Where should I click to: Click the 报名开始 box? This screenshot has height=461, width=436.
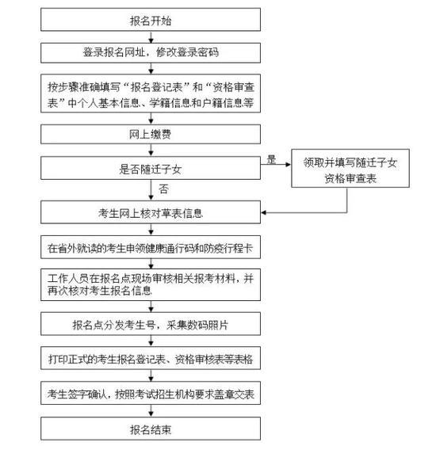[151, 20]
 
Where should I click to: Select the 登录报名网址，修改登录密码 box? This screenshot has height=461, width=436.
[151, 53]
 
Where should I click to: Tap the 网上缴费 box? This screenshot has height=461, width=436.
[151, 135]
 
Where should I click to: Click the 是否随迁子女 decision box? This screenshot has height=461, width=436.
[151, 168]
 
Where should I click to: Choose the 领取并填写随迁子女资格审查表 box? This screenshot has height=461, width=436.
[350, 169]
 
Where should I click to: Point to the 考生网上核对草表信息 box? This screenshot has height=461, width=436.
[151, 212]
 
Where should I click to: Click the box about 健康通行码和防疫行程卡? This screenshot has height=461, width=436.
[151, 247]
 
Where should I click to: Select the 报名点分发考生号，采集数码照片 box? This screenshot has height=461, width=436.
[151, 324]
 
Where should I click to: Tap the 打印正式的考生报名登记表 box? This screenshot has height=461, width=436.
[151, 358]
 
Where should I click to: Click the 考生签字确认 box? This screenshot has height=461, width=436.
[151, 394]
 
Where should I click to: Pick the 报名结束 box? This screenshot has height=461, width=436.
[151, 429]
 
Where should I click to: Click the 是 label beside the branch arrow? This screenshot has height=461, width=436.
[271, 159]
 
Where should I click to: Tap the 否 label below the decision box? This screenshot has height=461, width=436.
[163, 189]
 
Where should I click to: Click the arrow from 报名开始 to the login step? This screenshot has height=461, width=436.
[151, 37]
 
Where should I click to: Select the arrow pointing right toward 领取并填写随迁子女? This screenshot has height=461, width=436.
[276, 164]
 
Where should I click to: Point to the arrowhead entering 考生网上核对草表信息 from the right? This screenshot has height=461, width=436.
[263, 212]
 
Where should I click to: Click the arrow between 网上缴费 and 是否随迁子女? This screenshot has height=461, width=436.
[151, 150]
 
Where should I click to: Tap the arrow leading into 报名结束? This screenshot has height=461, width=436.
[151, 411]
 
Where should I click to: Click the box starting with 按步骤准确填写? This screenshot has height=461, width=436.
[151, 93]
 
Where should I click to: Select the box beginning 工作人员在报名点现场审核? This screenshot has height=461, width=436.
[151, 284]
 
